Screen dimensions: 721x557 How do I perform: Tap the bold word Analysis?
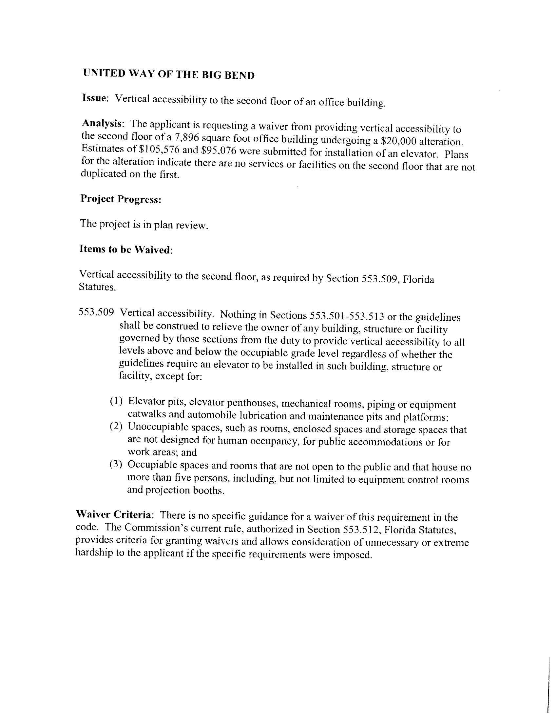point(102,123)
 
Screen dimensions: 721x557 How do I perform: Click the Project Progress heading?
point(121,199)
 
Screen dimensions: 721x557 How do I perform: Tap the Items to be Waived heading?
point(125,249)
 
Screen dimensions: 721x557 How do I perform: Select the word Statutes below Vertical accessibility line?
point(97,287)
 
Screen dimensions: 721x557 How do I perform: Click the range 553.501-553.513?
point(346,316)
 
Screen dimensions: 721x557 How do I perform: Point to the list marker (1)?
point(116,401)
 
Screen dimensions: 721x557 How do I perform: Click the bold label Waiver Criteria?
point(114,515)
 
